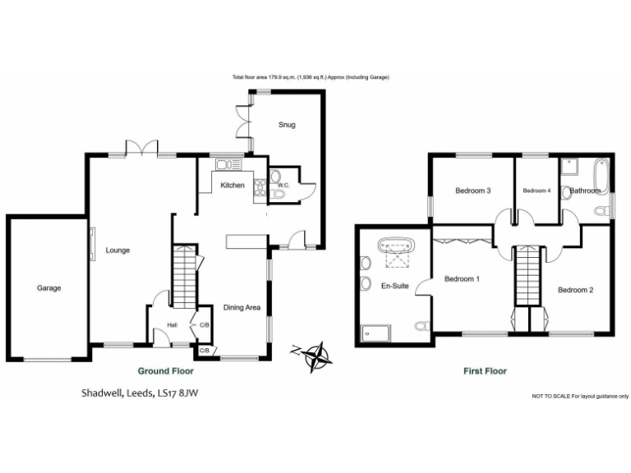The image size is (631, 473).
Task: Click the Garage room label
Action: click(48, 288)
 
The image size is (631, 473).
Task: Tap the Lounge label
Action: click(117, 250)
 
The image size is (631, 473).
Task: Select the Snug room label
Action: click(286, 125)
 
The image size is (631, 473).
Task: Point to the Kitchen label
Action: click(233, 186)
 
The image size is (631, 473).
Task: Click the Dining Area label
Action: click(242, 308)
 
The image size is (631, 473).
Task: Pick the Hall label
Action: click(173, 325)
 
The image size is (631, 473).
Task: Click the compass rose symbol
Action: click(317, 355)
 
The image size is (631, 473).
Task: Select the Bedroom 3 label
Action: click(473, 191)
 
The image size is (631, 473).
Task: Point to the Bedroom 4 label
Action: click(537, 191)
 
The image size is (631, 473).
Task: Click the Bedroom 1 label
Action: click(462, 279)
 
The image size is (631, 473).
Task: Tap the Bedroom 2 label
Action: click(575, 290)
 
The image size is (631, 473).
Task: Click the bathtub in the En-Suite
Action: click(397, 246)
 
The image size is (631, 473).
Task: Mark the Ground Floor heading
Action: click(165, 370)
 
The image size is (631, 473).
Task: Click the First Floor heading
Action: click(484, 371)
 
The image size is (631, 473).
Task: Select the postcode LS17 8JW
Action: click(177, 393)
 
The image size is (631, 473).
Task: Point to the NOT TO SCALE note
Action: click(580, 396)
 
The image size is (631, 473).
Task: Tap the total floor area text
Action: click(310, 77)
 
